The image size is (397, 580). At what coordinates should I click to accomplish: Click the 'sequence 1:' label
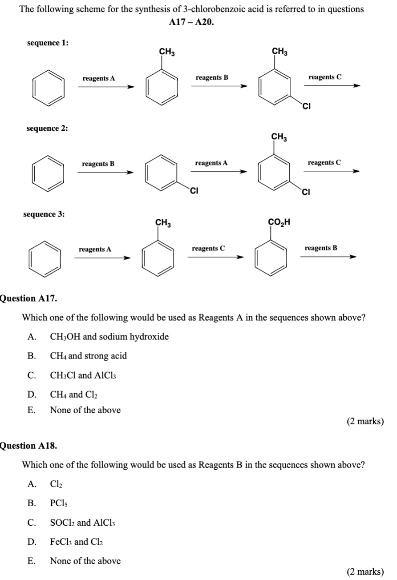[48, 43]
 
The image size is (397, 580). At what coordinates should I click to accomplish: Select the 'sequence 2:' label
[48, 128]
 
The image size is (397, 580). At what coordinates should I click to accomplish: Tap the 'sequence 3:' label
[44, 214]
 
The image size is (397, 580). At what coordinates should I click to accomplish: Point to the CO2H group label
[279, 222]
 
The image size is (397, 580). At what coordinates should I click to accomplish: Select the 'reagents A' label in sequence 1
[99, 78]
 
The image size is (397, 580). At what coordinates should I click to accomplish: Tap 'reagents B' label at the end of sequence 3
[321, 248]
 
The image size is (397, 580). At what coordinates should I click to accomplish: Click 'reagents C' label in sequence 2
[324, 163]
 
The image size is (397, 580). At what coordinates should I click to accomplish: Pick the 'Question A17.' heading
[28, 298]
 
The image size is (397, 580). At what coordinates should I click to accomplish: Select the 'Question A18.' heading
[28, 445]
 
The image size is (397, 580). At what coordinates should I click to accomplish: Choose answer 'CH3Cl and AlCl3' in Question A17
[78, 375]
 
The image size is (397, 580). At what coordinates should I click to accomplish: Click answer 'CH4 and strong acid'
[88, 356]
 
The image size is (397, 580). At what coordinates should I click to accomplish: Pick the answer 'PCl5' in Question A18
[59, 503]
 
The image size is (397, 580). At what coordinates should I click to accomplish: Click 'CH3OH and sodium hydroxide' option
[109, 337]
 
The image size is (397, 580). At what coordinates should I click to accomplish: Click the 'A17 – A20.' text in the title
[191, 21]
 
